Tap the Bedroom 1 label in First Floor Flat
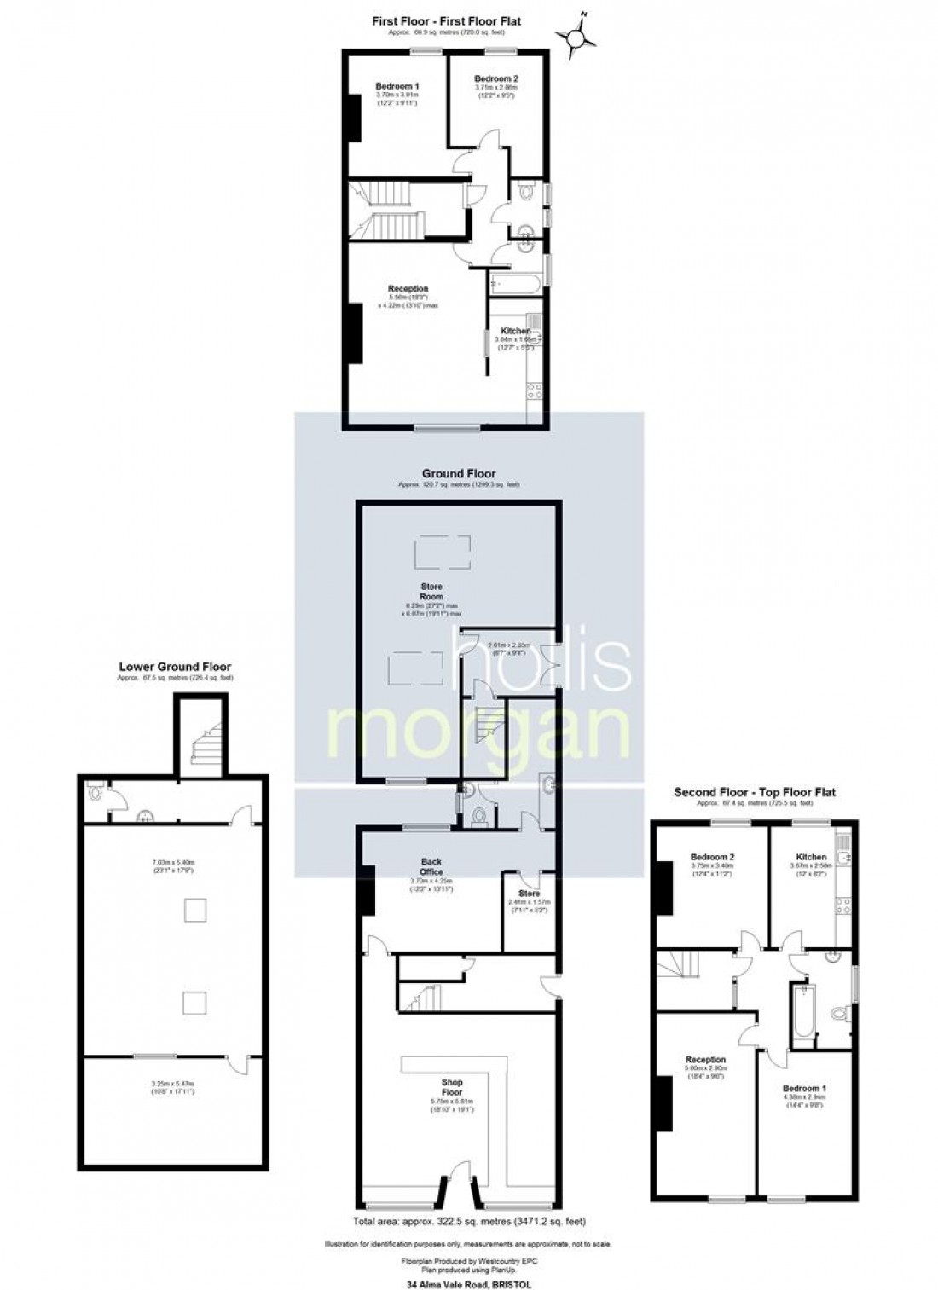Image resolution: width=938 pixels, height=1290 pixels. [x=397, y=86]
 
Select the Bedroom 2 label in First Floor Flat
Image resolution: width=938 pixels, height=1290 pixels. [x=495, y=78]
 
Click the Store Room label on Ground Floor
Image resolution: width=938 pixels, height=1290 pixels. [x=431, y=591]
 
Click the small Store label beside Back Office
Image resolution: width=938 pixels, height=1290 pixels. [x=530, y=894]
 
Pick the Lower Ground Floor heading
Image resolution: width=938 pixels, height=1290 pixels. [x=175, y=667]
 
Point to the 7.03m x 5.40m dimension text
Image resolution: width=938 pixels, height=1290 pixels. [x=174, y=863]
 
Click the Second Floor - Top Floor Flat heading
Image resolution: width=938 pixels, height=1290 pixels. [x=755, y=792]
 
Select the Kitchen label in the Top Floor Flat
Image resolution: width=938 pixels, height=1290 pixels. [x=811, y=857]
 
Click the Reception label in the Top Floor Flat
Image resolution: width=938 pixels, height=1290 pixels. [x=704, y=1060]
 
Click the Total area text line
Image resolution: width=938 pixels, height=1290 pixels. [x=468, y=1221]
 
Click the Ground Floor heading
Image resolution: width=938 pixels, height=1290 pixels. [x=458, y=473]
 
